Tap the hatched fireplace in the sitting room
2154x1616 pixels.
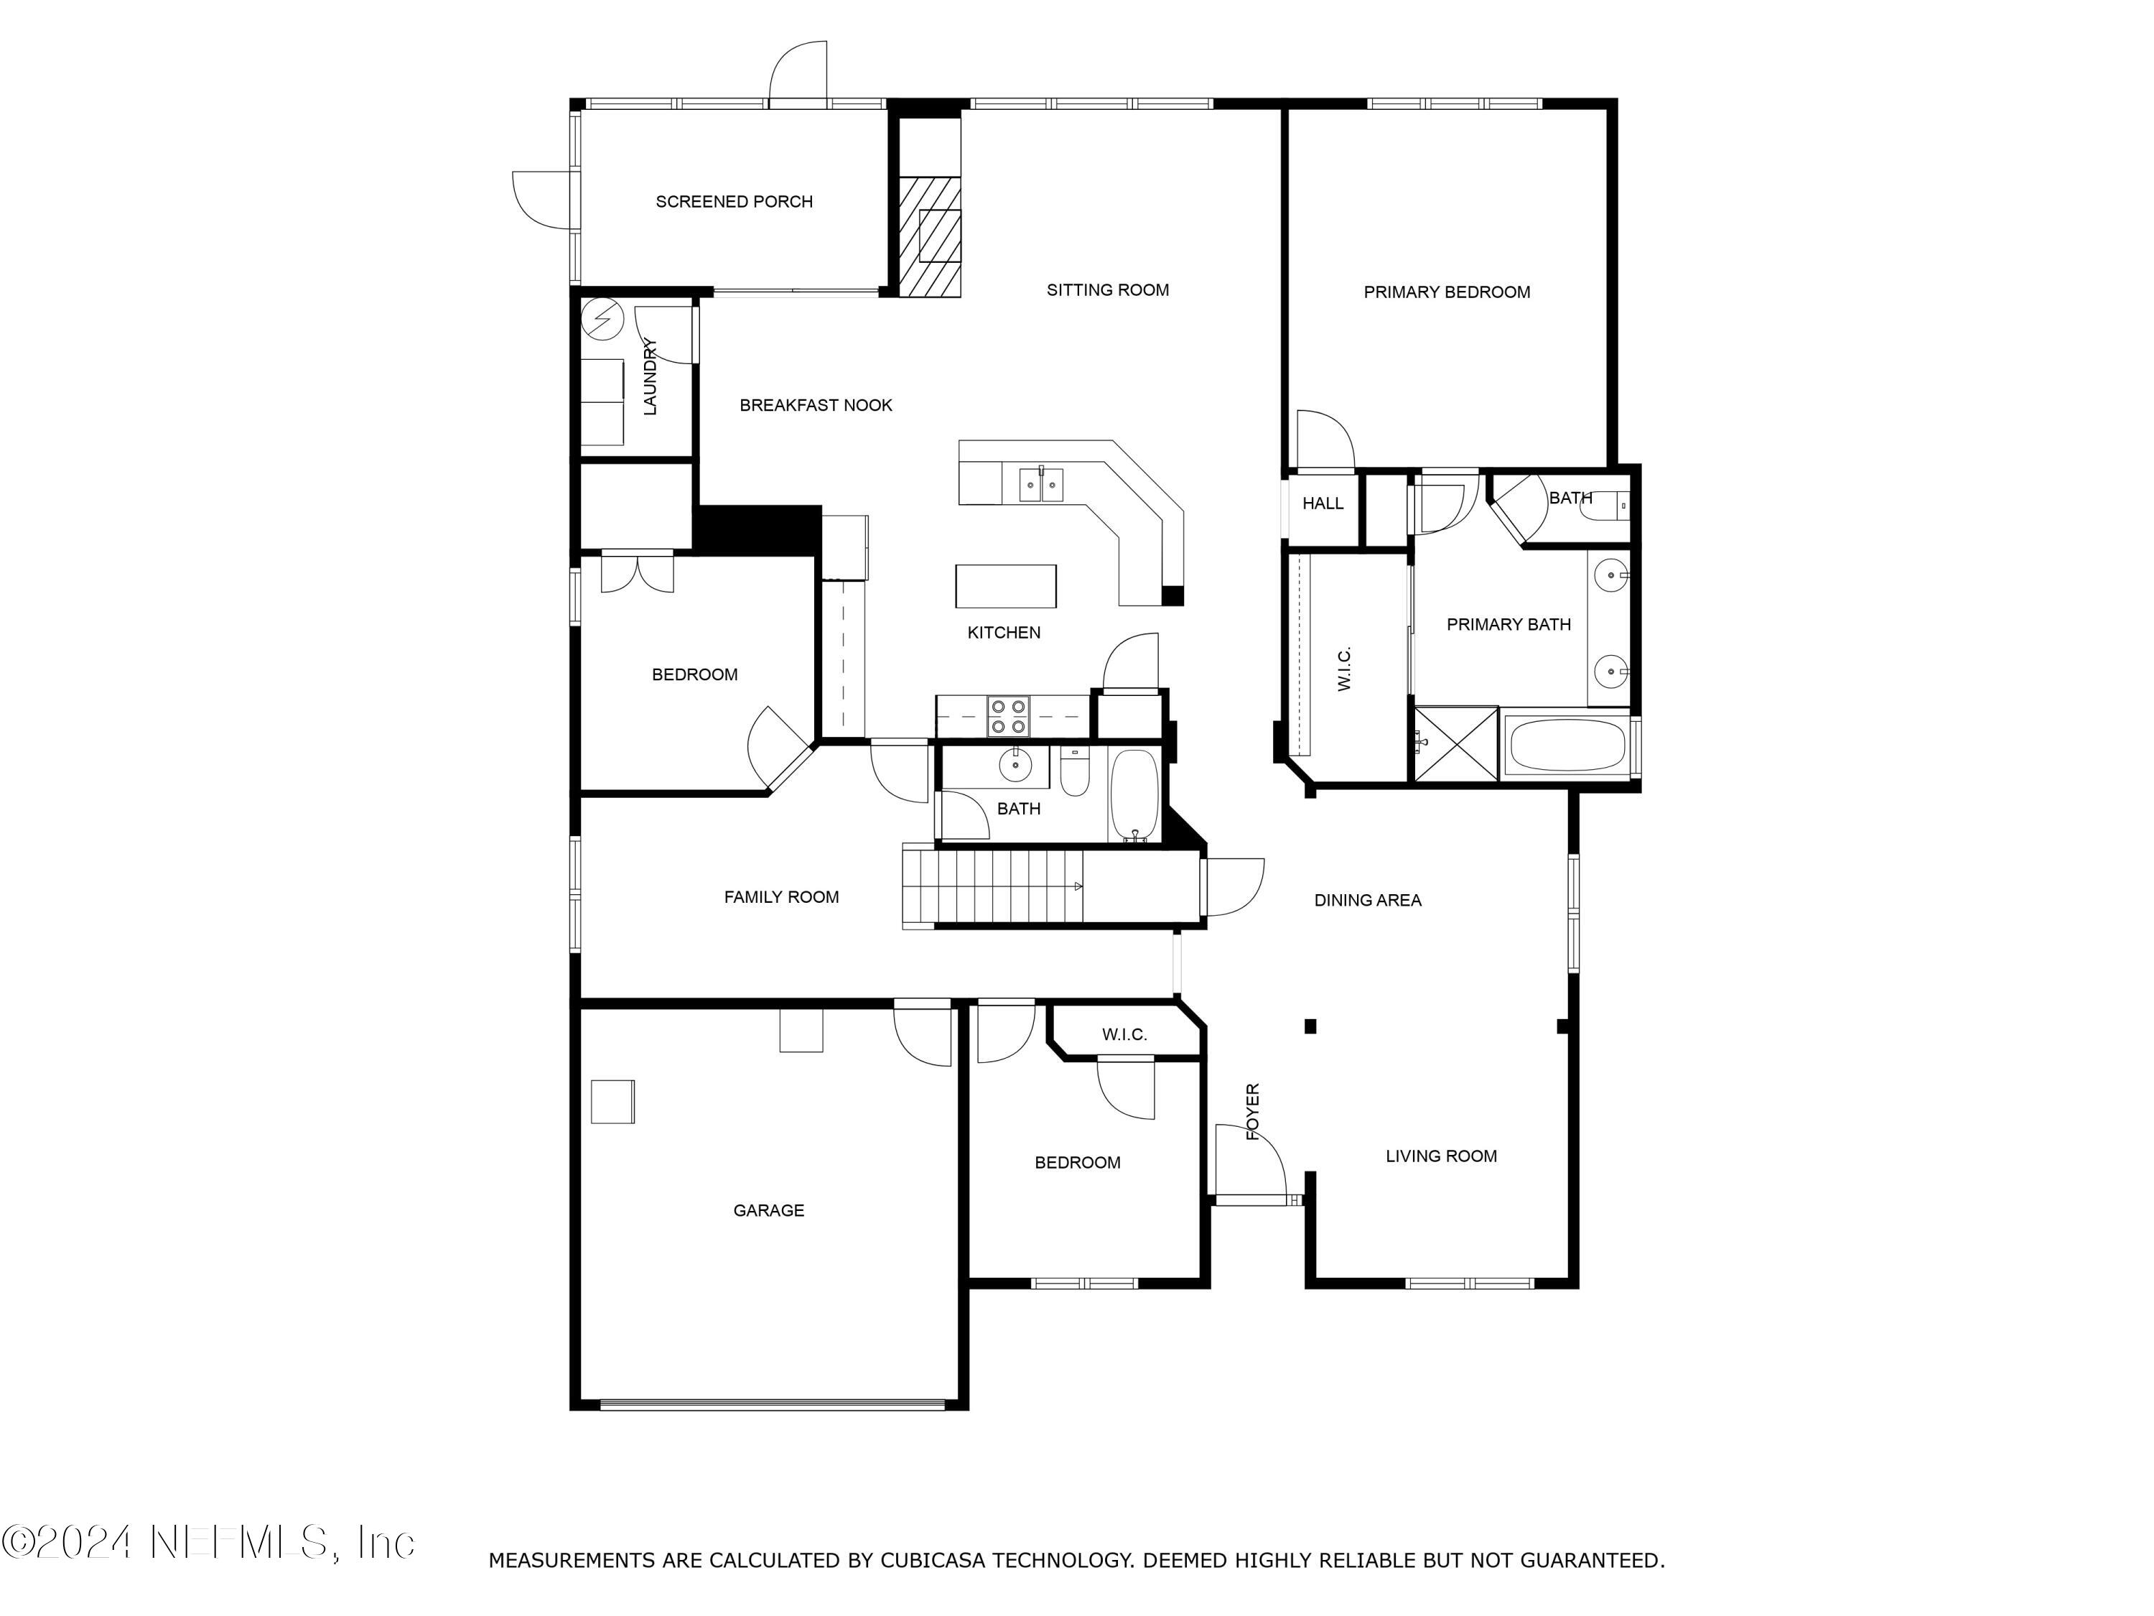click(x=928, y=237)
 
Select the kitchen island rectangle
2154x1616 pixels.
click(x=1005, y=585)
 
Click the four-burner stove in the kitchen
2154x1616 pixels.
click(x=1008, y=716)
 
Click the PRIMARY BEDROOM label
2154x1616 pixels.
click(x=1446, y=292)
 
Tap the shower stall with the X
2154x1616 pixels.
click(x=1456, y=743)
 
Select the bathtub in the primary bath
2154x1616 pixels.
click(x=1566, y=746)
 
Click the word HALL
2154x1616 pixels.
click(x=1323, y=503)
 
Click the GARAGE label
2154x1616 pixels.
click(x=768, y=1211)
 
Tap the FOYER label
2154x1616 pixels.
click(x=1253, y=1111)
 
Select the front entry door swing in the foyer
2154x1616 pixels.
click(x=1251, y=1165)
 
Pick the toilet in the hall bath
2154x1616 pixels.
click(x=1074, y=774)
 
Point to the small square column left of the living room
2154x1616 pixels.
click(x=1310, y=1026)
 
